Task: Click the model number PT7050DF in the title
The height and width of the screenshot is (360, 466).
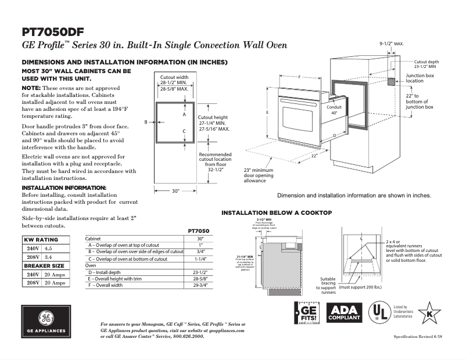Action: pyautogui.click(x=56, y=31)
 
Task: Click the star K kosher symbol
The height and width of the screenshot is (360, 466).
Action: pyautogui.click(x=429, y=314)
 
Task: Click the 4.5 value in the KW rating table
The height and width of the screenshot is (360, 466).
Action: pyautogui.click(x=48, y=248)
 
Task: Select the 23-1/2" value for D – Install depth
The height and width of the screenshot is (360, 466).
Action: pyautogui.click(x=200, y=271)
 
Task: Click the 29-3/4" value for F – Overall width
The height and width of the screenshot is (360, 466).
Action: pyautogui.click(x=200, y=285)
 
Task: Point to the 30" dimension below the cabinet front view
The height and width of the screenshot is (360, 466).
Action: pyautogui.click(x=176, y=190)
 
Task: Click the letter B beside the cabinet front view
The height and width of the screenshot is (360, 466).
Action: pyautogui.click(x=146, y=122)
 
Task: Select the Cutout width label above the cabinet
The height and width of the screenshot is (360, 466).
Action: pyautogui.click(x=174, y=77)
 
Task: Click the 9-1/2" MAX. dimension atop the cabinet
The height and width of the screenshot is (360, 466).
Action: pyautogui.click(x=391, y=44)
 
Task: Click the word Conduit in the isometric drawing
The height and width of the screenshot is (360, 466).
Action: pyautogui.click(x=334, y=107)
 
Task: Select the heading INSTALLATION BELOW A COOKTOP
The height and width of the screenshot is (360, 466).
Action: pyautogui.click(x=277, y=213)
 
